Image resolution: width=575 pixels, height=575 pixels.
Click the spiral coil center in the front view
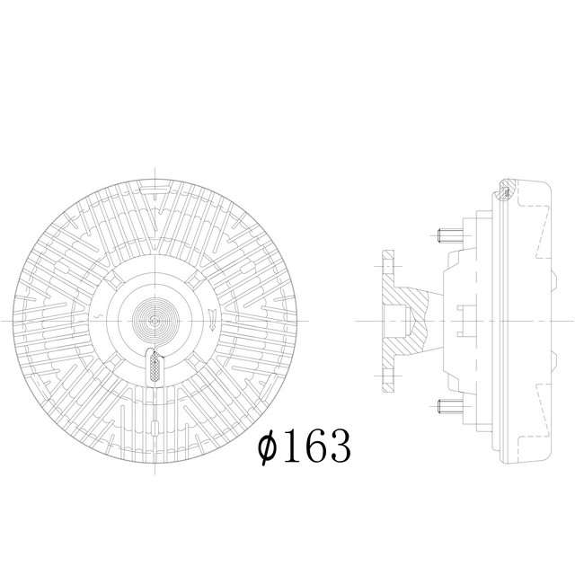coord(155,320)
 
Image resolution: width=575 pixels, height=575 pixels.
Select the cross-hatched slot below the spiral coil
coord(155,366)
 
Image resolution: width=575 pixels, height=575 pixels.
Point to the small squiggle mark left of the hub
coord(96,319)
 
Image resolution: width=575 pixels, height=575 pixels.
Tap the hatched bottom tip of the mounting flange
coord(386,378)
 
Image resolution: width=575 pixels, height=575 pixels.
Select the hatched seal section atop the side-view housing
coord(506,190)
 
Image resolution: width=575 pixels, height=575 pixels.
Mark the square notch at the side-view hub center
coord(463,321)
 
